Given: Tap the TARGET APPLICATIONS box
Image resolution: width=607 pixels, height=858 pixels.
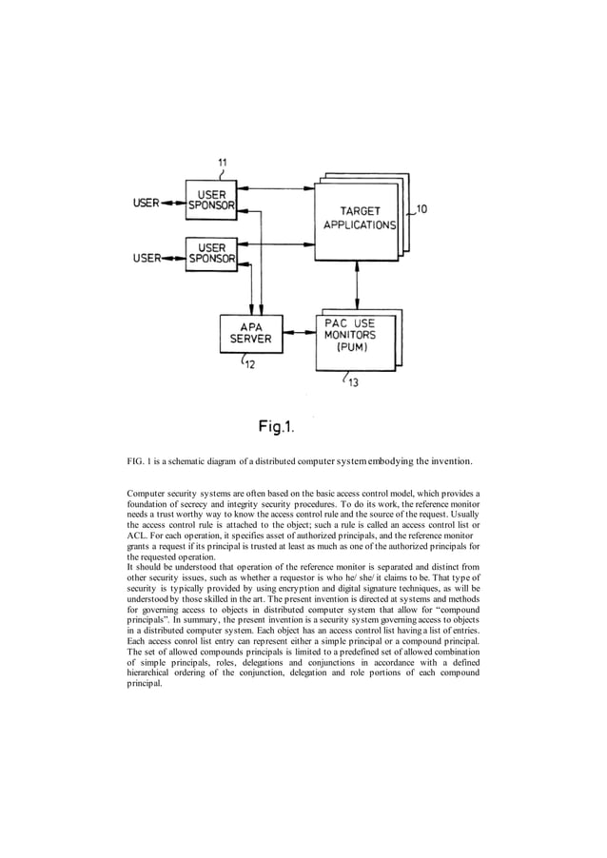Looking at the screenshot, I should coord(357,218).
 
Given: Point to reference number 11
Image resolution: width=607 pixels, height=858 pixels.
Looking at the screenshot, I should coord(222,163).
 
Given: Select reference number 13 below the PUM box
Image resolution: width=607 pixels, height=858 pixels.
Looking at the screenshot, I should coord(352,382).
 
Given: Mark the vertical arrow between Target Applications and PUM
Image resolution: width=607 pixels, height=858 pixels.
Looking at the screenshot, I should coord(357,283).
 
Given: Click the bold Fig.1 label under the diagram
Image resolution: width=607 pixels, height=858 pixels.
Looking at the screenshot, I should coord(285,426).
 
